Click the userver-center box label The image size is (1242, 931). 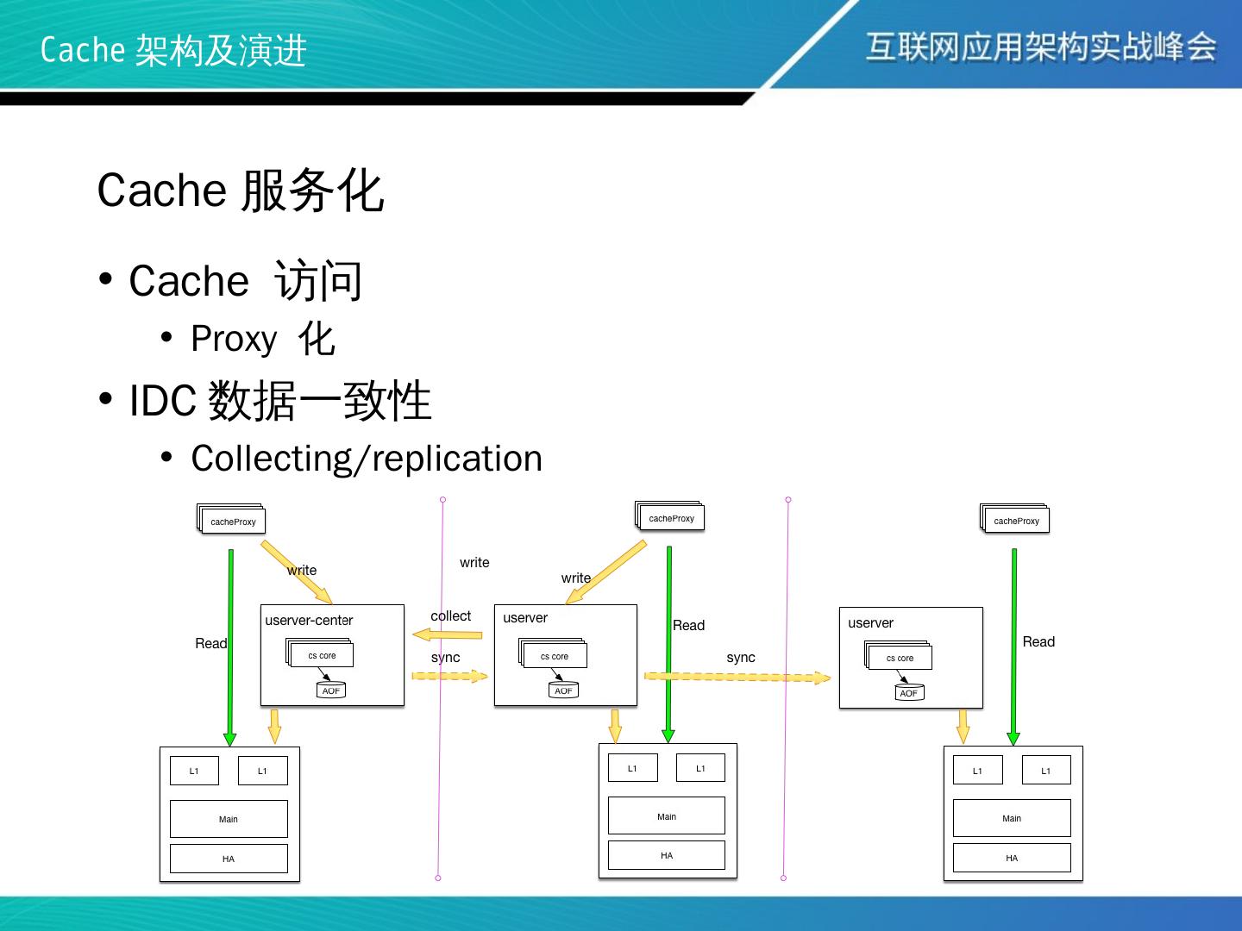309,620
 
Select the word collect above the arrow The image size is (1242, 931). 450,615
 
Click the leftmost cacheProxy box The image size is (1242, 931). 233,522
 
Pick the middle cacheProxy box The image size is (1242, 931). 671,518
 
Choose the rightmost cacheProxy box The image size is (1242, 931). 1016,521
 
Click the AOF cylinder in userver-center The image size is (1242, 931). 331,690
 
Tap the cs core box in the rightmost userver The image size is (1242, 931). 900,658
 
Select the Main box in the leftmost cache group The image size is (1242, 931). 229,819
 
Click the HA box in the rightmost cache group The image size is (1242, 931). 1012,858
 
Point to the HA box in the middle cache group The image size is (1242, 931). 667,855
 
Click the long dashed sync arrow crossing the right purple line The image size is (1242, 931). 737,677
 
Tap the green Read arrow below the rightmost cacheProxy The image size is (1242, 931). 1013,647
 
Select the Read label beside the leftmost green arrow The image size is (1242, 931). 210,643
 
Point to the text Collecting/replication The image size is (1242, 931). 367,459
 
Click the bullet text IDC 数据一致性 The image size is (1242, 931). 280,401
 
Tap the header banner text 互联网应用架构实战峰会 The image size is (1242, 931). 1041,47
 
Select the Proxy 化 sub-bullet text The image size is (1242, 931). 263,339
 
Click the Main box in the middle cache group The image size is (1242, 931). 667,816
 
